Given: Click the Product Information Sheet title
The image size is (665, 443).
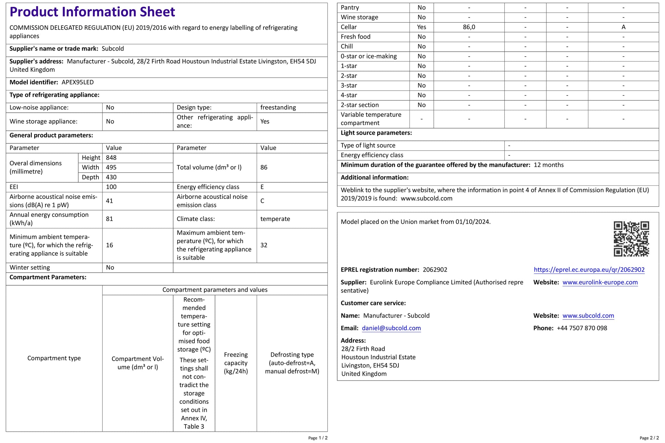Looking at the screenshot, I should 92,12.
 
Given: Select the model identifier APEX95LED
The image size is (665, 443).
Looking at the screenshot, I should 78,82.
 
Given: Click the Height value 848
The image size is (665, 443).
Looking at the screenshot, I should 111,158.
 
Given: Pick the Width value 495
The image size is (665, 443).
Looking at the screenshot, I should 111,167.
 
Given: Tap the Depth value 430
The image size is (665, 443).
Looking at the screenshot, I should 111,177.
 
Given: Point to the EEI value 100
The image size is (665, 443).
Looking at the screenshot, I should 111,187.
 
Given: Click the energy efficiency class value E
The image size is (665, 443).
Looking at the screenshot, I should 262,187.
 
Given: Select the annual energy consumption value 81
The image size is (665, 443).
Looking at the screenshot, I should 109,219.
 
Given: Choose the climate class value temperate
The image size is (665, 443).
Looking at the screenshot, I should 275,219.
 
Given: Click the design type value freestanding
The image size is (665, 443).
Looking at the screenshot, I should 278,108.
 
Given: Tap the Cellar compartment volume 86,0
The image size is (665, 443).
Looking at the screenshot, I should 469,27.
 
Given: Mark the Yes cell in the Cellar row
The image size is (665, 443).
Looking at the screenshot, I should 421,27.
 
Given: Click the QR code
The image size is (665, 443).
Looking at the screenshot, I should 631,238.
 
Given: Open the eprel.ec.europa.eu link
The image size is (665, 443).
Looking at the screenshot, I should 589,270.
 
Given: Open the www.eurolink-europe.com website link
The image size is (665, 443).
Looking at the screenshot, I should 600,282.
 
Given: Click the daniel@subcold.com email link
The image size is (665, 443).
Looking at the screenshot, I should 391,328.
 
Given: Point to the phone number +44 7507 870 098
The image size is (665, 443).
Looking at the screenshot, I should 582,328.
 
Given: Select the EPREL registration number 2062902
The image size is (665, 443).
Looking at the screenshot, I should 435,270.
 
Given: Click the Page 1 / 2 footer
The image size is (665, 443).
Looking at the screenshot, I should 318,438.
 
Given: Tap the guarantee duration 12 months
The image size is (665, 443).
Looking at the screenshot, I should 548,165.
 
